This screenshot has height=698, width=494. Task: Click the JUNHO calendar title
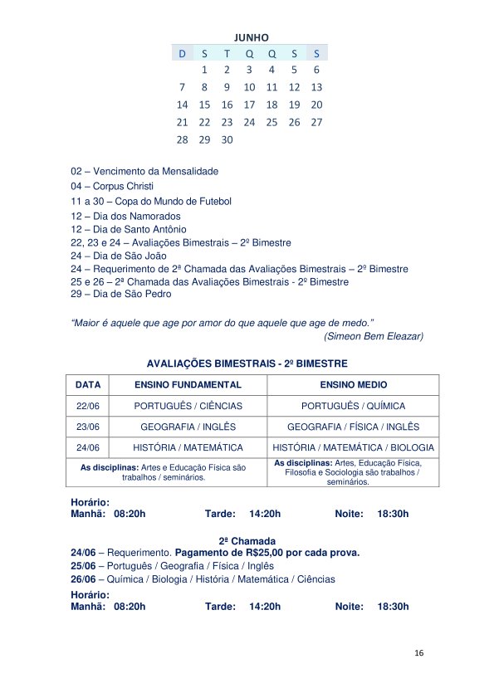point(251,37)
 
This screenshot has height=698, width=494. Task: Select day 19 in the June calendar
point(294,105)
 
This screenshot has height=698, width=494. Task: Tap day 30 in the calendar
point(227,139)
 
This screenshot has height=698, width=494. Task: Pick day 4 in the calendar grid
point(271,70)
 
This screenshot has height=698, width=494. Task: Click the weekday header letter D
point(182,53)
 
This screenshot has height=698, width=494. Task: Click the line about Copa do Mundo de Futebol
point(151,202)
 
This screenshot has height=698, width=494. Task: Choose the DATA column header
point(88,385)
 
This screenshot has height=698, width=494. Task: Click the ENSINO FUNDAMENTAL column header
point(188,385)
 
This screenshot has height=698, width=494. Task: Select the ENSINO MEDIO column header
point(353,385)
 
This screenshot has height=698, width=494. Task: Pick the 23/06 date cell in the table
point(88,427)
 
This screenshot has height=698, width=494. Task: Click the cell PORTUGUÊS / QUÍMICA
point(353,406)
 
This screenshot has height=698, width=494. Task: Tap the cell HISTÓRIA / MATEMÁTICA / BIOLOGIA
point(353,447)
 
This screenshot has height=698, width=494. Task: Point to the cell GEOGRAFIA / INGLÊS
point(188,427)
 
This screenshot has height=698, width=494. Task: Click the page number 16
point(419,653)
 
